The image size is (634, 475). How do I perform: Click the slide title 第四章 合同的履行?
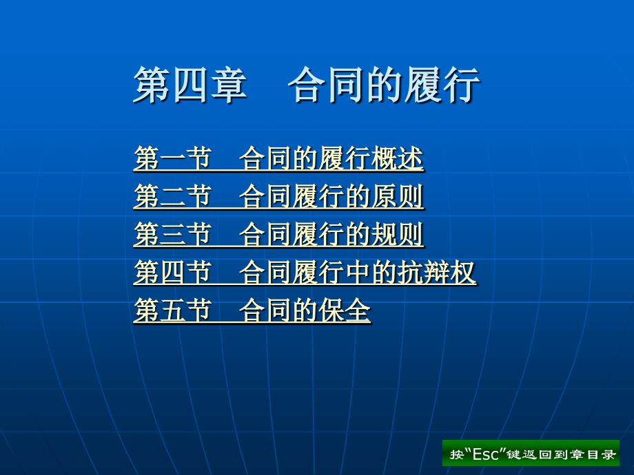[x=307, y=85]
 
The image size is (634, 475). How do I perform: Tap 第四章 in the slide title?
[x=190, y=85]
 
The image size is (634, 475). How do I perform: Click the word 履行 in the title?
[x=442, y=85]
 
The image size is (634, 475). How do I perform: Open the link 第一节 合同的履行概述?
[x=278, y=158]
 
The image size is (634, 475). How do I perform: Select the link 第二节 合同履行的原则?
[x=278, y=196]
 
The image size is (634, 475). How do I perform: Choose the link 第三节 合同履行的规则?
[x=278, y=234]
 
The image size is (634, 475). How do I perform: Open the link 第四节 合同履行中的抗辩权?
[x=305, y=272]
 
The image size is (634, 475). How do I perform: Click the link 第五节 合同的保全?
[x=252, y=310]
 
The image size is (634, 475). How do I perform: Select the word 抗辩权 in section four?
[x=437, y=272]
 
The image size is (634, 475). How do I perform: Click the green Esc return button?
[x=531, y=453]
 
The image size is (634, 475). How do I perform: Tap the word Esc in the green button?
[x=485, y=454]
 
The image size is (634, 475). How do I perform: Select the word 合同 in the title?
[x=326, y=85]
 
